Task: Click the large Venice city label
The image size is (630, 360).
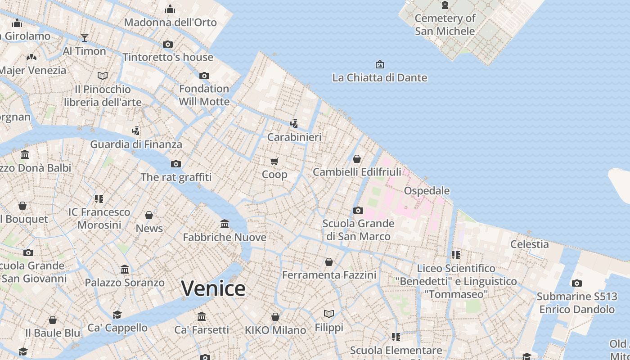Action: tap(213, 288)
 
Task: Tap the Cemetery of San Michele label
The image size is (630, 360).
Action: tap(445, 25)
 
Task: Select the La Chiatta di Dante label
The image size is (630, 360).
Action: tap(379, 78)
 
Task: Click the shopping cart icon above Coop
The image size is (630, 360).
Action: tap(274, 161)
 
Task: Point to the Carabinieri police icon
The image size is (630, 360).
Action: tap(294, 123)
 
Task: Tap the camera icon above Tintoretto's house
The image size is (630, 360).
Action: tap(168, 44)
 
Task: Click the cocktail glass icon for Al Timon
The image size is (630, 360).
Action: tap(84, 37)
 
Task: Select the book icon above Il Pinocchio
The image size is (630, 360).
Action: tap(103, 76)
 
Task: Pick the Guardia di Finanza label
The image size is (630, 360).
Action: tap(136, 144)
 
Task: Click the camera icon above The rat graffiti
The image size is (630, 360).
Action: tap(176, 164)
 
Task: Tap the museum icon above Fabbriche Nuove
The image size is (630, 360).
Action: tap(225, 224)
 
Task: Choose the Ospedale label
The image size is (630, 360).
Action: tap(427, 191)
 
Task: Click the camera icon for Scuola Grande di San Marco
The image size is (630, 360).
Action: tap(358, 210)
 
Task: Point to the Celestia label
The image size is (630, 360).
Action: tap(529, 244)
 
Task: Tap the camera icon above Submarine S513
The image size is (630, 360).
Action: tap(576, 283)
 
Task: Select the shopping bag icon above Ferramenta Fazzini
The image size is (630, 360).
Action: tap(329, 262)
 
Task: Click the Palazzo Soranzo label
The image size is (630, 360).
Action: tap(125, 283)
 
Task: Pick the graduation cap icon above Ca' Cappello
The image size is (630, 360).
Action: tap(117, 315)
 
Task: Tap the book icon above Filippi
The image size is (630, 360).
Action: tap(329, 314)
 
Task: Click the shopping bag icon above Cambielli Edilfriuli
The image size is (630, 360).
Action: tap(357, 159)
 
